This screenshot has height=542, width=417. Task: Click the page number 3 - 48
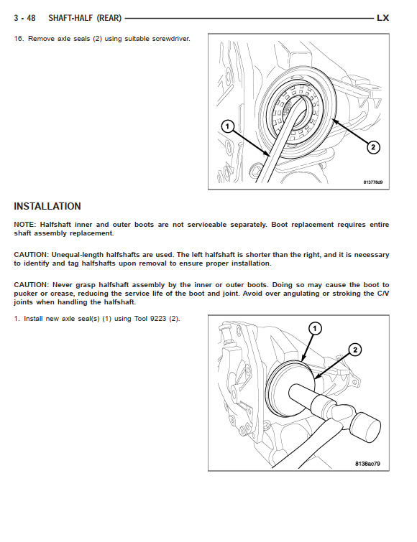[24, 18]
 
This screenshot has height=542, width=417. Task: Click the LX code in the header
[382, 18]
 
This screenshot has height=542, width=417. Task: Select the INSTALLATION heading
[47, 206]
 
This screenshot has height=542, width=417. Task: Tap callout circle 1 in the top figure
[227, 126]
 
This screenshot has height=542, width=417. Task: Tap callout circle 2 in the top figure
[373, 147]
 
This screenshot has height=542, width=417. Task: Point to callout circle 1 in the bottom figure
[315, 328]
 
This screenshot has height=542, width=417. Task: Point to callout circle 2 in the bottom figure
[355, 350]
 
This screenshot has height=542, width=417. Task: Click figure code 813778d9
[372, 182]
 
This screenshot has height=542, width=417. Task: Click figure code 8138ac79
[367, 464]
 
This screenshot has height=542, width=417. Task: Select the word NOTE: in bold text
[24, 225]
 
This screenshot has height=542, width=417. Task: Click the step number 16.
[19, 39]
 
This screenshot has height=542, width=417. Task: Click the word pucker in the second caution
[26, 294]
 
